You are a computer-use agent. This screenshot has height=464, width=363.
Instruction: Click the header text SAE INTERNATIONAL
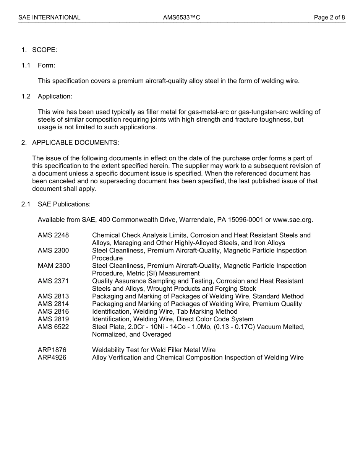click(49, 17)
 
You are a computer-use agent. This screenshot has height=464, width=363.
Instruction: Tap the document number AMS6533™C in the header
click(181, 17)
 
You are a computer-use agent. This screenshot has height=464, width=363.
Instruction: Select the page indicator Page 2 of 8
click(329, 17)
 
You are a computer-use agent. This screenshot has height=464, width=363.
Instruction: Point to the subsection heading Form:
click(46, 65)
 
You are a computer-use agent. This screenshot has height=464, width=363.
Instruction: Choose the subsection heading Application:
click(55, 96)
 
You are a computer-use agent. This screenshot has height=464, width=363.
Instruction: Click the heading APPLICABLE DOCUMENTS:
click(75, 143)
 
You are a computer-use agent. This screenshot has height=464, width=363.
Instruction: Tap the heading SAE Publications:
click(64, 204)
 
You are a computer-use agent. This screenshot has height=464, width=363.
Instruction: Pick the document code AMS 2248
click(53, 235)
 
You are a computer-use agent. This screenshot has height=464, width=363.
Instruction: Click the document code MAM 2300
click(53, 266)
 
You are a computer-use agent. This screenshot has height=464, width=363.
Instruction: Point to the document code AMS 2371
click(53, 281)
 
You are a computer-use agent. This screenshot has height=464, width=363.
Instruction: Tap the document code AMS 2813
click(53, 296)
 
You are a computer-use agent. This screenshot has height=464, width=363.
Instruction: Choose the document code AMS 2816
click(53, 312)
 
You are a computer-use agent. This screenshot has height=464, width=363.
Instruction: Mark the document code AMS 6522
click(53, 327)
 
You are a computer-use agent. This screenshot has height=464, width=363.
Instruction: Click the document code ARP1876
click(52, 350)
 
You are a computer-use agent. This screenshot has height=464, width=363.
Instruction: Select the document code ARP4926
click(52, 358)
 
